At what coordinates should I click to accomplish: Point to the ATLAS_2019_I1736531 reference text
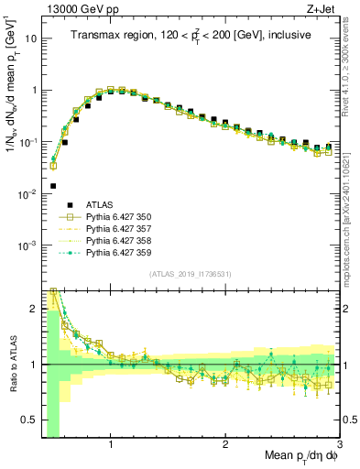190,274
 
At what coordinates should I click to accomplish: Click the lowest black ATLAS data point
53,186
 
